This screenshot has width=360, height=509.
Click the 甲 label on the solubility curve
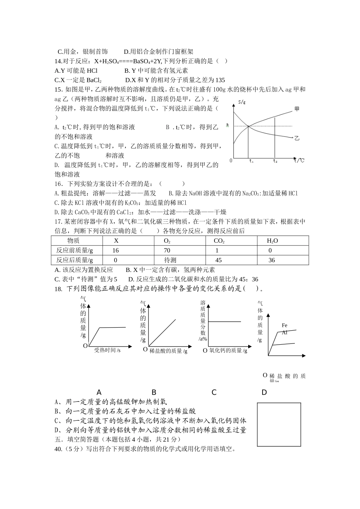297,109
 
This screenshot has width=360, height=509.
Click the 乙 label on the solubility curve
297,138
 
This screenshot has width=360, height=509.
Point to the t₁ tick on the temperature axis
251,161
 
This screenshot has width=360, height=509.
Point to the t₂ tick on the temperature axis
275,161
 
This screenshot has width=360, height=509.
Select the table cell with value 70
167,250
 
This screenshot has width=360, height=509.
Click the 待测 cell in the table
170,260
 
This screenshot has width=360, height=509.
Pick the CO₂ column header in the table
219,240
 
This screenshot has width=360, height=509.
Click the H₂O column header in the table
272,240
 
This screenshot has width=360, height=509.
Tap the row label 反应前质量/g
74,250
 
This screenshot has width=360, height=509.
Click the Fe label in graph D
285,325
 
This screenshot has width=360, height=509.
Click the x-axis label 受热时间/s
107,350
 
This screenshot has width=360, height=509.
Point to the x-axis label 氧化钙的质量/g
228,351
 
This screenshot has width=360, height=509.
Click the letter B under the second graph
154,392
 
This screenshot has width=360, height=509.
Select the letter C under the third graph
214,392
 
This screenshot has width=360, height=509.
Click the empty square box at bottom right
279,424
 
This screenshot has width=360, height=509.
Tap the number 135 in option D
220,80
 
